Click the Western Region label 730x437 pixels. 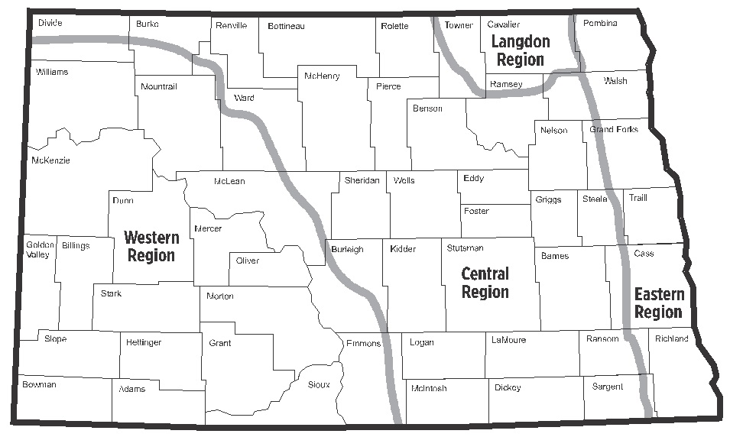tap(151, 246)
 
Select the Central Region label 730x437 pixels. tap(485, 283)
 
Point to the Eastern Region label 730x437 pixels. tap(659, 303)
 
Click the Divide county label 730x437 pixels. tap(50, 23)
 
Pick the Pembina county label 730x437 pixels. tap(600, 24)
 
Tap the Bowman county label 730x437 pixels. tap(39, 384)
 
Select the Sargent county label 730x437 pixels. tap(608, 387)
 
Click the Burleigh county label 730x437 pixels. tap(347, 250)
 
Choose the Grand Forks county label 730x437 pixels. tap(614, 129)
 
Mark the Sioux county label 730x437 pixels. tap(319, 384)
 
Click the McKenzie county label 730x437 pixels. tap(50, 160)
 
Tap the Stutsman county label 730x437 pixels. tap(465, 248)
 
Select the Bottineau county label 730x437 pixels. tap(286, 26)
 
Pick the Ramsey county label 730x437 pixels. tap(506, 84)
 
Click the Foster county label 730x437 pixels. tap(476, 211)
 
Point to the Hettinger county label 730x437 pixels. tap(144, 342)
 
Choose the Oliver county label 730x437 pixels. tap(248, 261)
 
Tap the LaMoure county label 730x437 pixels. tap(509, 341)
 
